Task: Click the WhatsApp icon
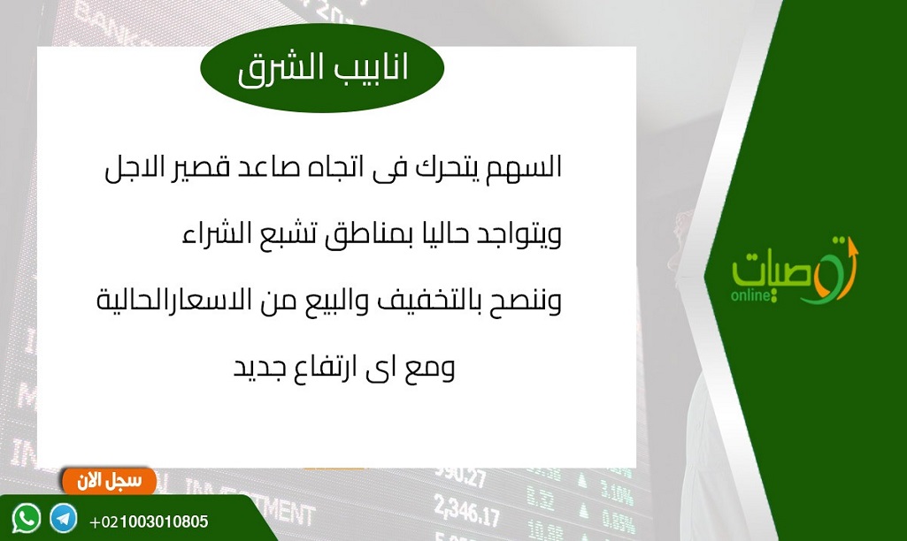[26, 518]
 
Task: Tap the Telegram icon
[63, 518]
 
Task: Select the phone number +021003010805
[149, 522]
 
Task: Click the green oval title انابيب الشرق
[322, 68]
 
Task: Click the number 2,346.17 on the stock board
[466, 509]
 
